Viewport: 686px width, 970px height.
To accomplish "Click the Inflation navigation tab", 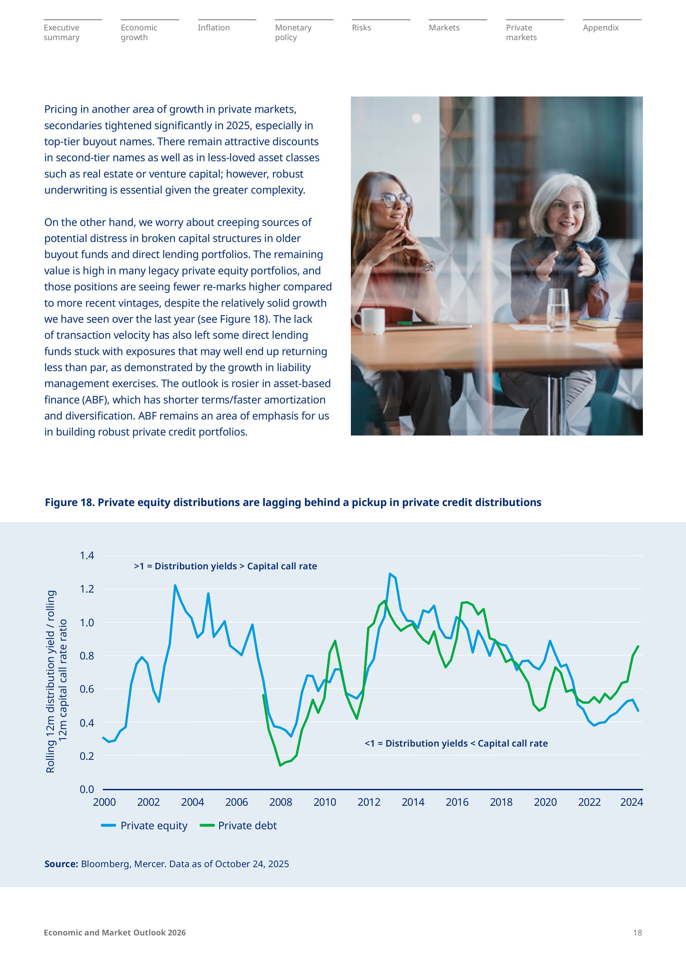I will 214,28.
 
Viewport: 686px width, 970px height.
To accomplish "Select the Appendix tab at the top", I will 600,28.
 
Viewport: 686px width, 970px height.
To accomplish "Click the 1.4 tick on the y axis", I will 87,556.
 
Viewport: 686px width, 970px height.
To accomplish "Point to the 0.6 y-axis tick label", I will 87,689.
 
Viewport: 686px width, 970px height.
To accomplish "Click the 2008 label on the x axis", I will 280,802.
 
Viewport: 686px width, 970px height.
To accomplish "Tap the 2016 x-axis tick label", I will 457,802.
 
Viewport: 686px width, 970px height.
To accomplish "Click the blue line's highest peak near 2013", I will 390,574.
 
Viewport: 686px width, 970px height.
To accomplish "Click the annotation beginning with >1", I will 225,566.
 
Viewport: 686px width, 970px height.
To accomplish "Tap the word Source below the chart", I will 61,864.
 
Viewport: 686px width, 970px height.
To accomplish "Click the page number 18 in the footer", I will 637,932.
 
